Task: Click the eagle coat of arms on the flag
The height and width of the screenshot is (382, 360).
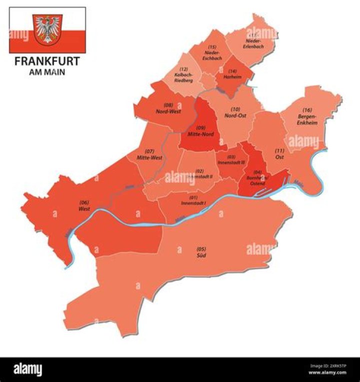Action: pyautogui.click(x=47, y=29)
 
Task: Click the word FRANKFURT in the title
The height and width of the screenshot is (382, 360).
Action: pyautogui.click(x=47, y=62)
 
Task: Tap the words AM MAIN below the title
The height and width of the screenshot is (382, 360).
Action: pyautogui.click(x=47, y=72)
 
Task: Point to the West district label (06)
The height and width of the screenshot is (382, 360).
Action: pyautogui.click(x=84, y=206)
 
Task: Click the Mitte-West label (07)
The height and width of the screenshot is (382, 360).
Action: pyautogui.click(x=149, y=155)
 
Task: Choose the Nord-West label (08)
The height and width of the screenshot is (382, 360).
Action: pyautogui.click(x=168, y=109)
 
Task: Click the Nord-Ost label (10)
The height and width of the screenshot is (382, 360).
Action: pyautogui.click(x=235, y=112)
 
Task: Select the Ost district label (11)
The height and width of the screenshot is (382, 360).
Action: pyautogui.click(x=279, y=154)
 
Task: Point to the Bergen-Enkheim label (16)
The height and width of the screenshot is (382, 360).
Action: pyautogui.click(x=307, y=116)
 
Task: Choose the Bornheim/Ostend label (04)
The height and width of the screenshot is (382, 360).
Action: pyautogui.click(x=258, y=178)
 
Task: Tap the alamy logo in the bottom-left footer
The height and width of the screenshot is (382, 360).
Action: pyautogui.click(x=28, y=369)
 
